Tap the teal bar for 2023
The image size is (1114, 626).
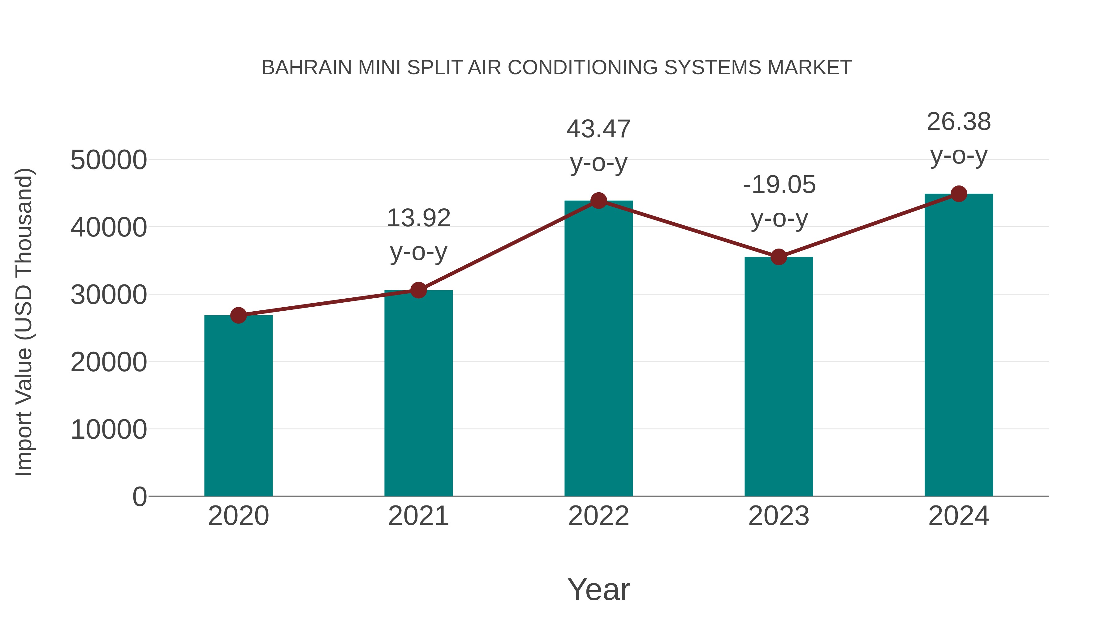[779, 376]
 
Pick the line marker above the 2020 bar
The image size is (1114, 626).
[238, 315]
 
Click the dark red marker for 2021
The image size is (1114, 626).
[418, 290]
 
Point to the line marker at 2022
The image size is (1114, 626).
[598, 200]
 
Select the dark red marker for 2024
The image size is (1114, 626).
[959, 194]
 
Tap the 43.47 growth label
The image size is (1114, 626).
[598, 146]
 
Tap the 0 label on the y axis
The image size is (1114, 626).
[140, 497]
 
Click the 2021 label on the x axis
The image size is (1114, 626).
[418, 516]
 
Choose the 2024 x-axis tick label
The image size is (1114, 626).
[959, 516]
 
